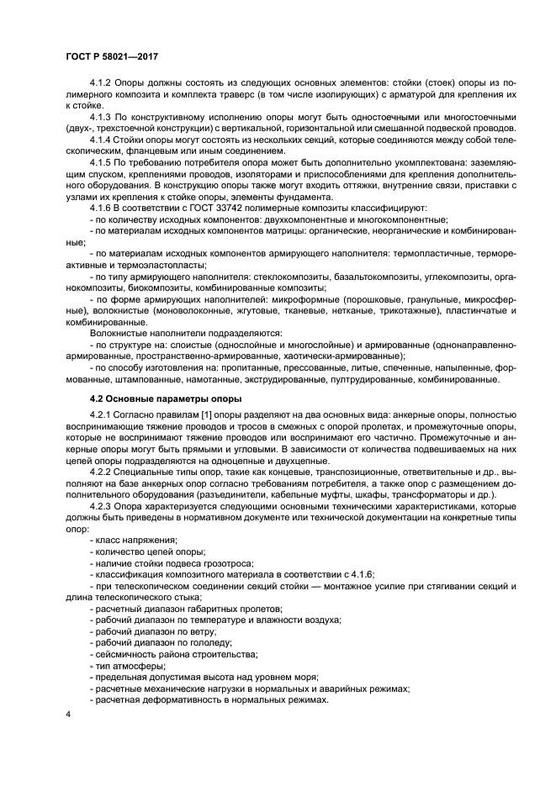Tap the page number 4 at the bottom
(68, 714)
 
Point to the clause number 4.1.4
(102, 139)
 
